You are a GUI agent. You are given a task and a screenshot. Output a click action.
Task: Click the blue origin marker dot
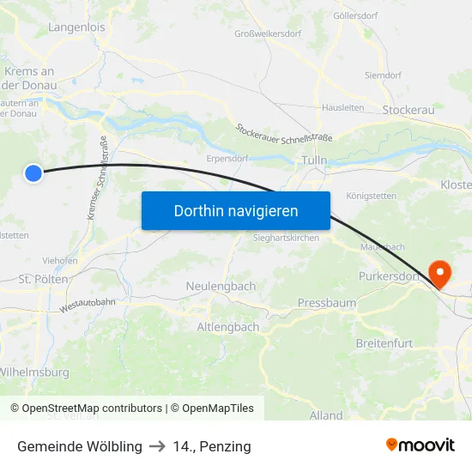pyautogui.click(x=33, y=173)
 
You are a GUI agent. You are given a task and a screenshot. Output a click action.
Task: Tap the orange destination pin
pyautogui.click(x=439, y=274)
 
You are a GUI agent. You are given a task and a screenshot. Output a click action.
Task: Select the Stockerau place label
pyautogui.click(x=408, y=110)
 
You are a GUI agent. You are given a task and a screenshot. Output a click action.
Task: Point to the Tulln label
pyautogui.click(x=315, y=161)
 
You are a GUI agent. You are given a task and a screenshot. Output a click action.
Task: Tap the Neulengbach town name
pyautogui.click(x=221, y=286)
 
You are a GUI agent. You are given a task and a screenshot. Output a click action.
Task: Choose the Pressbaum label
pyautogui.click(x=326, y=303)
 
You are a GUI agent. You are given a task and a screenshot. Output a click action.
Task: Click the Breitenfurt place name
pyautogui.click(x=384, y=343)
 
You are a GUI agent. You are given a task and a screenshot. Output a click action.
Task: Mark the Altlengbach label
pyautogui.click(x=228, y=327)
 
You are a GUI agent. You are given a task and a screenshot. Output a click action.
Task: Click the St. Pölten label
pyautogui.click(x=44, y=279)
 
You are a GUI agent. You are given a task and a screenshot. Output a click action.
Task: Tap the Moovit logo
pyautogui.click(x=420, y=445)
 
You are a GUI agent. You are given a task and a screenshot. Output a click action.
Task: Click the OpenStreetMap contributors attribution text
pyautogui.click(x=92, y=408)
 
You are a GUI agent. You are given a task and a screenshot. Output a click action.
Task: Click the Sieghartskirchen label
pyautogui.click(x=286, y=238)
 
